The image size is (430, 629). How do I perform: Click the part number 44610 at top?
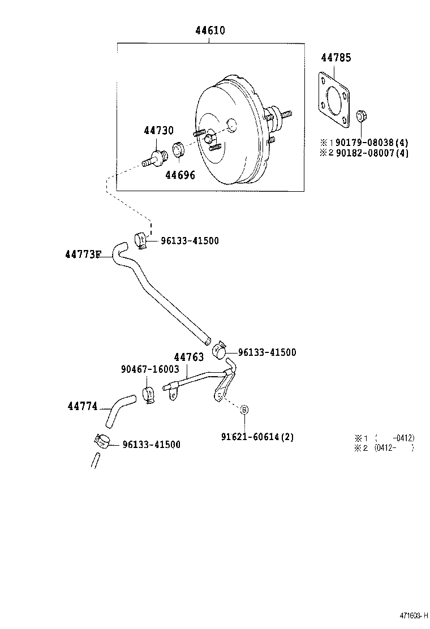coord(210,31)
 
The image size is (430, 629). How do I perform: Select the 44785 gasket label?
coord(336,58)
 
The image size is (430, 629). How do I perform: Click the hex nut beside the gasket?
coord(362,117)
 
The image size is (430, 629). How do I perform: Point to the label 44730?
coord(158,131)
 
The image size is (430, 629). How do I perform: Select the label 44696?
coord(180,175)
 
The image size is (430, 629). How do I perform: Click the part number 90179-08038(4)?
coord(371,143)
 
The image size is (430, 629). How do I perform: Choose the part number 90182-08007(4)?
coord(371,153)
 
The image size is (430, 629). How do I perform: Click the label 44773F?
coord(83,255)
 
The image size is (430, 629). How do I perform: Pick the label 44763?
coord(189,357)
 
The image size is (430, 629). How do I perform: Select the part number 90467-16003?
coord(150,369)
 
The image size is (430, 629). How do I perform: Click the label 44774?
coord(83,406)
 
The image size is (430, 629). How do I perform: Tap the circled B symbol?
coord(244,410)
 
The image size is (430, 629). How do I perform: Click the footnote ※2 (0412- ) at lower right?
coord(385,447)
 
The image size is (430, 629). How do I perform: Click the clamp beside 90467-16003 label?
coord(149,395)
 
